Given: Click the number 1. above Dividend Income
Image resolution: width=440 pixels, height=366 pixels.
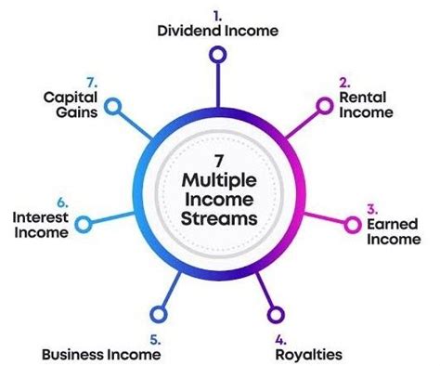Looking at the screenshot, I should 216,15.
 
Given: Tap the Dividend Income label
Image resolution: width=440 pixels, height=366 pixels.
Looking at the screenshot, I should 217,31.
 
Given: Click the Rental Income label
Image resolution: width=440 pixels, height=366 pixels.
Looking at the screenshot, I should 367,105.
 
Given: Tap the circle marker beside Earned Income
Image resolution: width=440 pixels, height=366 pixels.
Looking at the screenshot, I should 352,225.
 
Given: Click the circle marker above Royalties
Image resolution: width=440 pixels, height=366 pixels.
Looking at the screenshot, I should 276,314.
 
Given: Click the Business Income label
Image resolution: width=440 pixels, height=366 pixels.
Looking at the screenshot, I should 102,353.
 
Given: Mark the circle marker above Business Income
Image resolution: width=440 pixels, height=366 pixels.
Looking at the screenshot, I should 156,314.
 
